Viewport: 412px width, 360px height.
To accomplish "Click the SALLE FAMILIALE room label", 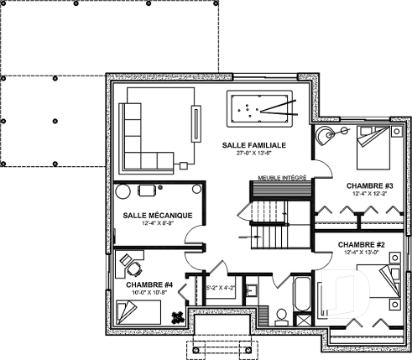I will pos(255,145).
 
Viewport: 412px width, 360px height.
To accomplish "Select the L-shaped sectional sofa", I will pos(145,134).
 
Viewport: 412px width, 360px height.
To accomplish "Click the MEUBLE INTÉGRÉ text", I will pos(282,178).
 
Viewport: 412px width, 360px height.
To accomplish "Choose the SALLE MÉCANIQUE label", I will pos(159,215).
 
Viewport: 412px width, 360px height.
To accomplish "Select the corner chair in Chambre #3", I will pos(324,136).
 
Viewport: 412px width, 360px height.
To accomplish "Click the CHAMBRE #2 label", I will pos(362,245).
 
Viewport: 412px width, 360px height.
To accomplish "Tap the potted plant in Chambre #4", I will pos(177,316).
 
